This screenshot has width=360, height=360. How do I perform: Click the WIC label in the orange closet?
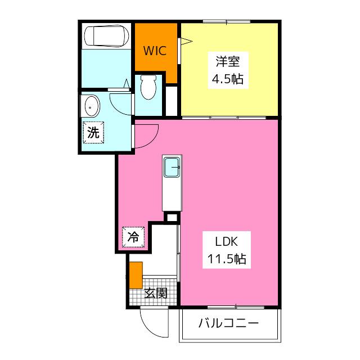(x=155, y=51)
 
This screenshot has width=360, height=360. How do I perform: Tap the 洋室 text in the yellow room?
(x=227, y=61)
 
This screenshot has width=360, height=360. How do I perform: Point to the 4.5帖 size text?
(x=227, y=79)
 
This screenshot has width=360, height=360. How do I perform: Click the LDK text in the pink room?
(x=226, y=241)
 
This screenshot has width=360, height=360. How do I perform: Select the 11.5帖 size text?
(x=227, y=259)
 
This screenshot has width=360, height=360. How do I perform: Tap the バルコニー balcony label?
(x=228, y=323)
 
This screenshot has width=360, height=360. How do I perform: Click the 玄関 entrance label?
(x=156, y=293)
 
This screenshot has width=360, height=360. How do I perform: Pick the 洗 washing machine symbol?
(x=93, y=133)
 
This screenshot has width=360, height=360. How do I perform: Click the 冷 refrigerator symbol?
(x=133, y=237)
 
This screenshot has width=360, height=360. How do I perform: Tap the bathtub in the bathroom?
(x=106, y=36)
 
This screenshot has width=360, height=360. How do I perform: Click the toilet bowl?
(x=148, y=87)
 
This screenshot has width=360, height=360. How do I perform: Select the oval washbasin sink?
(x=92, y=106)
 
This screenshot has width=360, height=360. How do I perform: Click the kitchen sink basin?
(x=172, y=168)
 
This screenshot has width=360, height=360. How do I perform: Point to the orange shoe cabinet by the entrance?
(x=136, y=275)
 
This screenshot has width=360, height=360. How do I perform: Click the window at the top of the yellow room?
(x=227, y=22)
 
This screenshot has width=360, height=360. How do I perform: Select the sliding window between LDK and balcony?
(x=236, y=307)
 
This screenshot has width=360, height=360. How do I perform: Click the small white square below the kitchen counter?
(x=172, y=217)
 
